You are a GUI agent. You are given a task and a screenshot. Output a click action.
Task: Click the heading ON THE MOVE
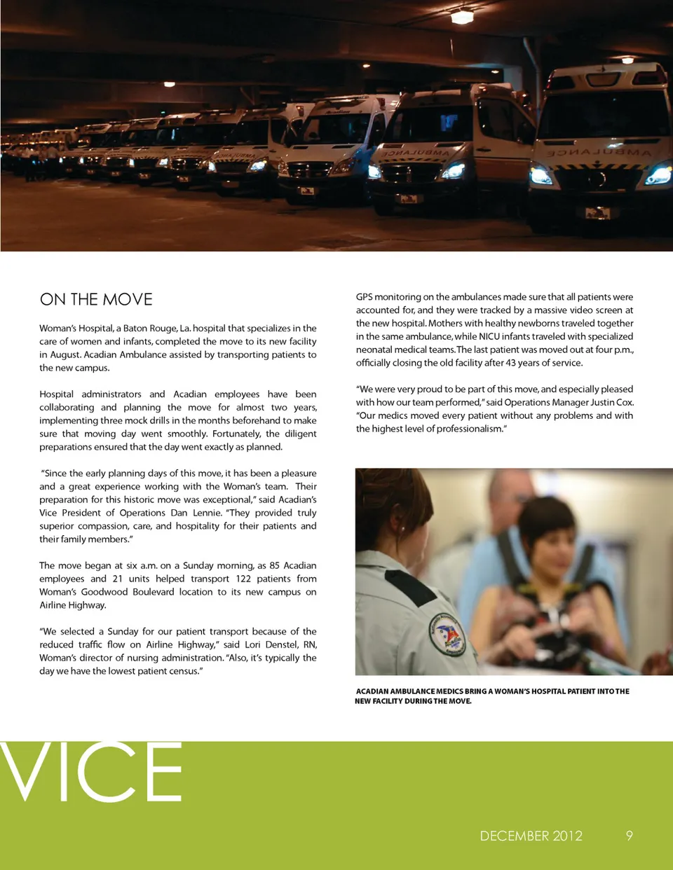tap(96, 299)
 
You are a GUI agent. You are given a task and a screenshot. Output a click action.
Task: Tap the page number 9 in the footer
tap(629, 835)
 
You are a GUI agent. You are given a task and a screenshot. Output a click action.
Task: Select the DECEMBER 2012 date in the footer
tap(531, 836)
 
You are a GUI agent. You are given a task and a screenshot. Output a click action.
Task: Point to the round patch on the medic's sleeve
tap(447, 635)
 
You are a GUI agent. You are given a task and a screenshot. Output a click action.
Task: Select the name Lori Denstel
tap(271, 644)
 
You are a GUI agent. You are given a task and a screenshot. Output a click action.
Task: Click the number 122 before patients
tap(243, 579)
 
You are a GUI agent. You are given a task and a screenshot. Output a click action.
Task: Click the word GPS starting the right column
tap(364, 297)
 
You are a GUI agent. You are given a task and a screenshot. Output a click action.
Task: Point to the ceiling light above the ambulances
tap(462, 15)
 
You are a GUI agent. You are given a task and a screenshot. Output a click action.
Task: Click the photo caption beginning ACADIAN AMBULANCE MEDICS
tap(492, 696)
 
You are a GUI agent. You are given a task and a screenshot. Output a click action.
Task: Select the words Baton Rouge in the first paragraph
tap(149, 328)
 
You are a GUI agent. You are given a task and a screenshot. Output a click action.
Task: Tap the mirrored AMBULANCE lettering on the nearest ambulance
tap(599, 151)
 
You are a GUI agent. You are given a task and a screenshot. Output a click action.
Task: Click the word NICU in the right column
tap(489, 336)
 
